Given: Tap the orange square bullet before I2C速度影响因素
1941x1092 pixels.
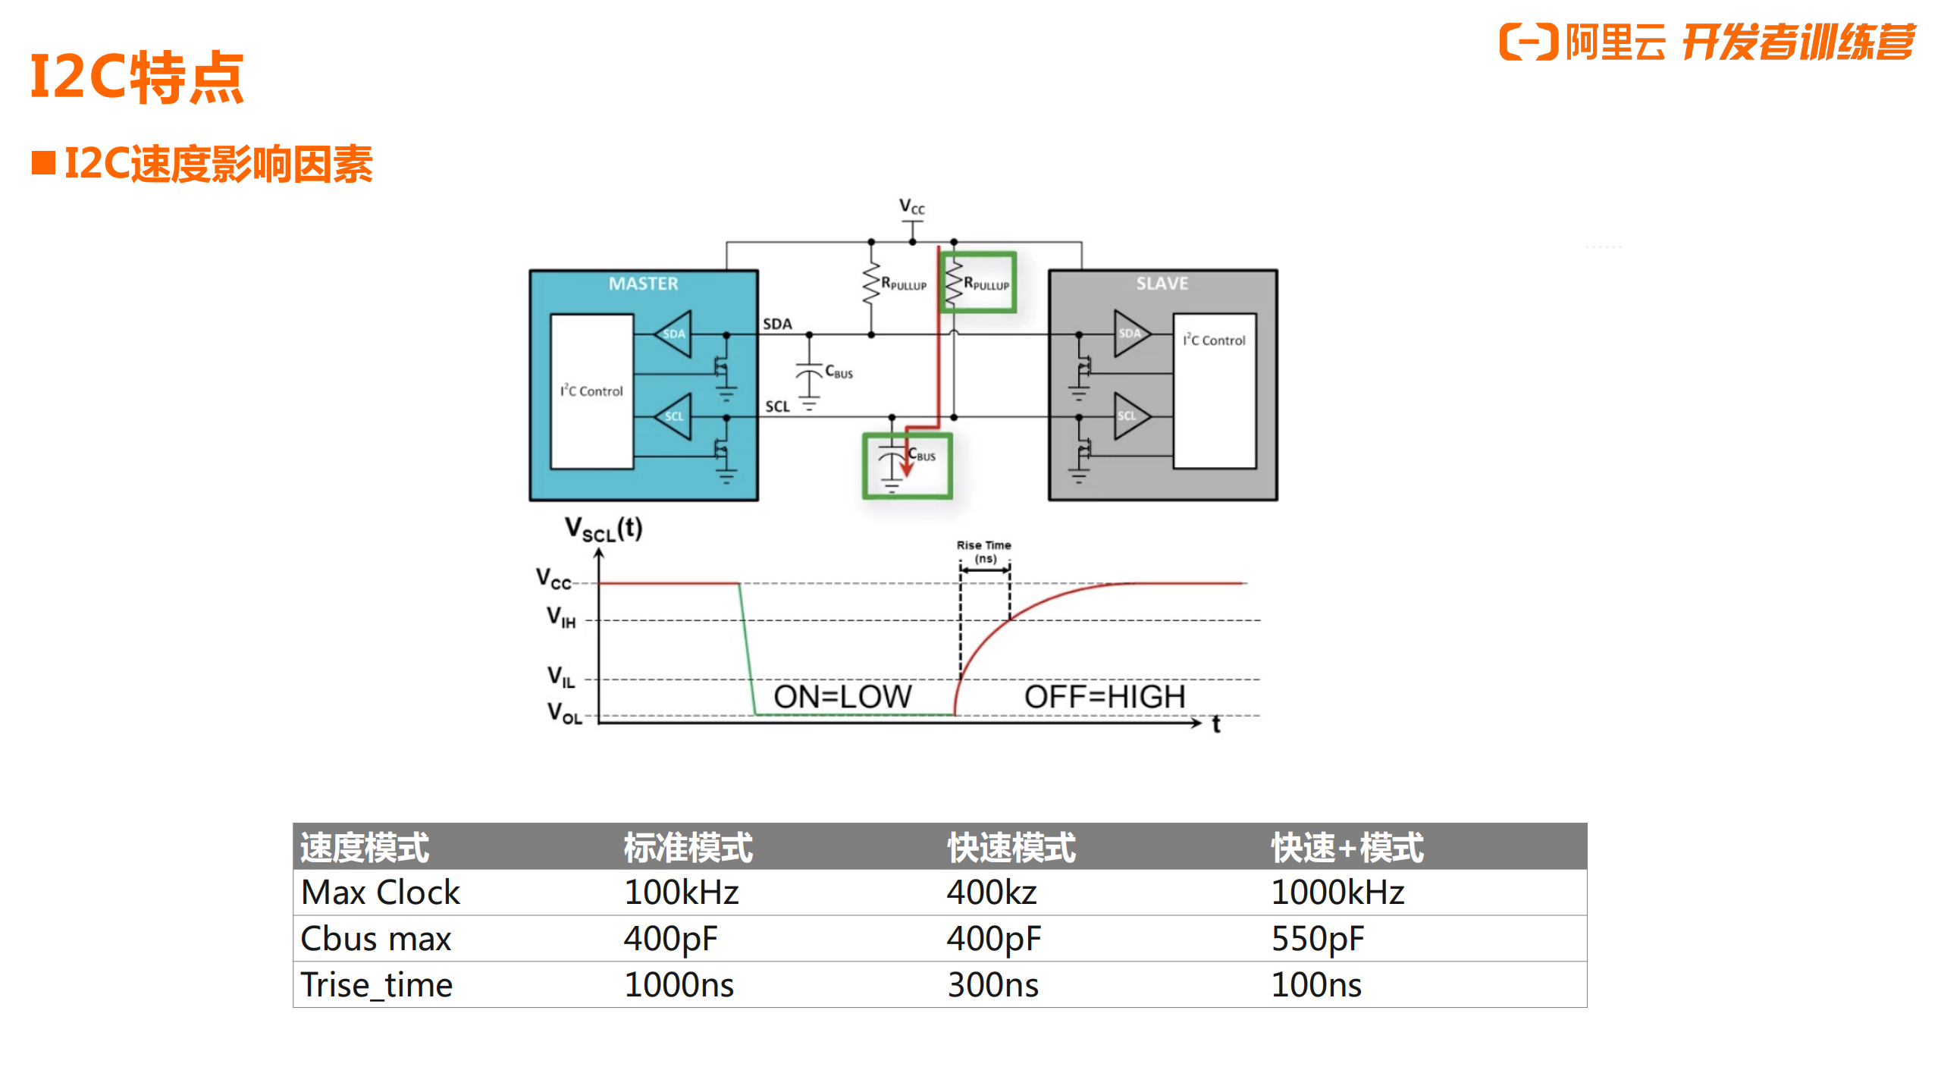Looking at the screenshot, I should coord(43,163).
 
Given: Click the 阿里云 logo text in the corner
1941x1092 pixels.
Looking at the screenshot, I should coord(1615,42).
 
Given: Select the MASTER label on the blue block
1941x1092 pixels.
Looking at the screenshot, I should coord(643,284).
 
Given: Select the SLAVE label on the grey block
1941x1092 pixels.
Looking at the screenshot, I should coord(1162,284).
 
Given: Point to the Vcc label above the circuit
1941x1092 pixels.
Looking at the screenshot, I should coord(911,206).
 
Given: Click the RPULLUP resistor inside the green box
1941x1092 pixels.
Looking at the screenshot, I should coord(977,283).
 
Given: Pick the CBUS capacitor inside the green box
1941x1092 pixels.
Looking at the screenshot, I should coord(906,465).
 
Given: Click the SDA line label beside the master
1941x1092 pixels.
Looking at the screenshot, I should coord(777,324).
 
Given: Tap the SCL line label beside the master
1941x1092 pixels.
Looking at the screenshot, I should coord(777,406).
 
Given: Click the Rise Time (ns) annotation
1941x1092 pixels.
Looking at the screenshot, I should coord(984,551).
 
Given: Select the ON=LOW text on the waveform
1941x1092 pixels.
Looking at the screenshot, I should coord(842,696).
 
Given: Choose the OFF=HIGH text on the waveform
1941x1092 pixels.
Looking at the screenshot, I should coord(1105,696).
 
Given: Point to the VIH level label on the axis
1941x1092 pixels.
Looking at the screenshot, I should coord(562,617).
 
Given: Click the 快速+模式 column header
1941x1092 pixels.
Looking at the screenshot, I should coord(1347,848).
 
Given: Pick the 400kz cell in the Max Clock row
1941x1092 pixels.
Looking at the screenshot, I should coord(991,893).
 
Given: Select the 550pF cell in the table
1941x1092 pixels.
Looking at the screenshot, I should coord(1317,939).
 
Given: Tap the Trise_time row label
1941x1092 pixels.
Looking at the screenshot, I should coord(377,985).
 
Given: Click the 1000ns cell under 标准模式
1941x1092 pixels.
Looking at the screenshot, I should coord(679,985).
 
